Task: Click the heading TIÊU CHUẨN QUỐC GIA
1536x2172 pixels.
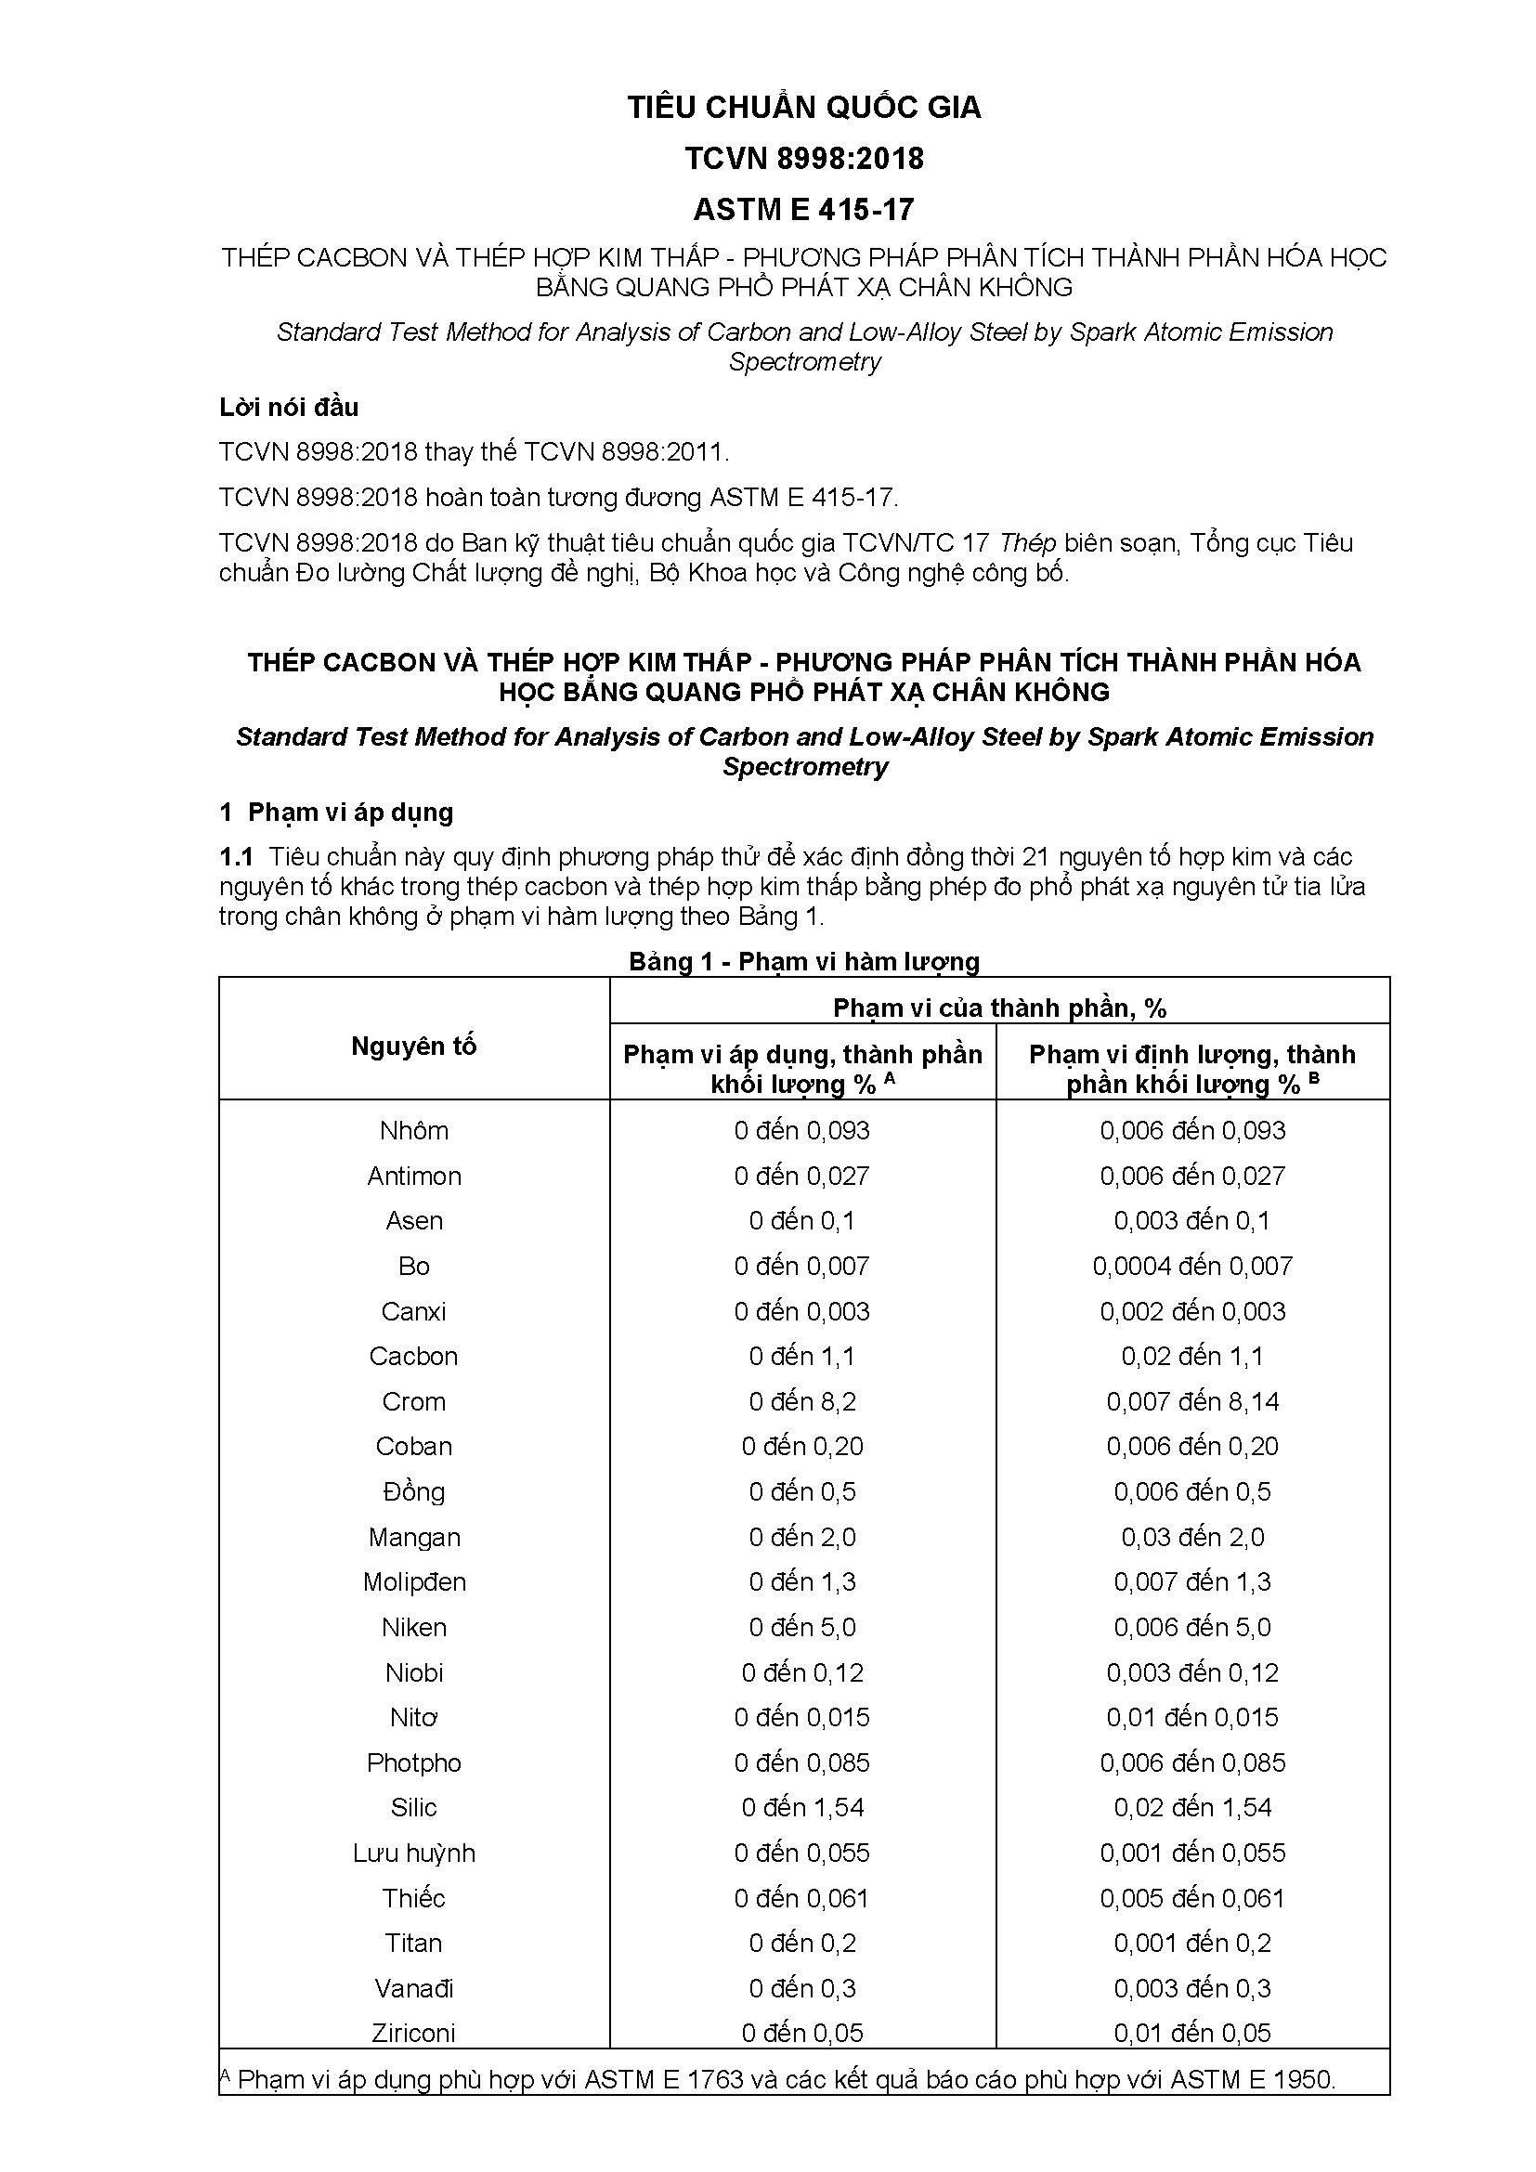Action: point(804,108)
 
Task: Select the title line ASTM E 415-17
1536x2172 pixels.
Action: point(804,209)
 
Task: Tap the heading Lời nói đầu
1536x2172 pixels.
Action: point(289,408)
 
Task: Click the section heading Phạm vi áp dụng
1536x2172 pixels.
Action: point(350,813)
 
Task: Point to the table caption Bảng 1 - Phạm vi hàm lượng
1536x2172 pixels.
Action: point(804,962)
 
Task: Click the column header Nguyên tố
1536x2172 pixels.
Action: point(413,1047)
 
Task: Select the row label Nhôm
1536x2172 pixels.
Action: point(413,1130)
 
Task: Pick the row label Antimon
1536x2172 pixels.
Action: point(413,1176)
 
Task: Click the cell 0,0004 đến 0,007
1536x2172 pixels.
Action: point(1191,1266)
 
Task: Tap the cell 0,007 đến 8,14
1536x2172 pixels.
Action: point(1191,1401)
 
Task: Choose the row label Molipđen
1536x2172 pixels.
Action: point(413,1581)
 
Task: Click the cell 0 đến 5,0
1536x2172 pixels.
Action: point(802,1627)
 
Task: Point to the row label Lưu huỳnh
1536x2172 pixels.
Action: point(413,1853)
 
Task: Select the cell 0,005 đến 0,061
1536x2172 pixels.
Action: point(1191,1898)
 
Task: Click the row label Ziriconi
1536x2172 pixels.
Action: point(413,2033)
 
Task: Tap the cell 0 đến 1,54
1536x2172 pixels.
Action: point(802,1807)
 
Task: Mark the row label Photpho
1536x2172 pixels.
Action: point(413,1762)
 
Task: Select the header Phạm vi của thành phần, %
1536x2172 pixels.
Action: point(999,1008)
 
